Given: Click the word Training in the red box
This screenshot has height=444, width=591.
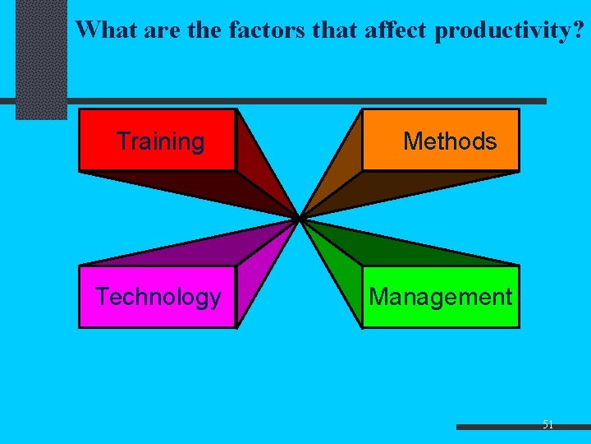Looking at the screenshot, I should (x=160, y=141).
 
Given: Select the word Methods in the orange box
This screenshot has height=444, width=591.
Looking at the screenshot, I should (x=450, y=141).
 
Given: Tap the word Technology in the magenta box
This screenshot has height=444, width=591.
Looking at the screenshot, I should (x=158, y=297).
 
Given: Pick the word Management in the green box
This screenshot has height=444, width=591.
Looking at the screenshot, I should (x=441, y=297).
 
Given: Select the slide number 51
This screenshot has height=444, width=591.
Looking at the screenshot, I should (x=547, y=424).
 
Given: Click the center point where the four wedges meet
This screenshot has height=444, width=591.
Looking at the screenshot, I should (x=300, y=218).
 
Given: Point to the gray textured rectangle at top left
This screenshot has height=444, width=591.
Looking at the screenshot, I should (x=41, y=58).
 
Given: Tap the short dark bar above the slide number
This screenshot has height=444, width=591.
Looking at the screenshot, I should (x=522, y=428).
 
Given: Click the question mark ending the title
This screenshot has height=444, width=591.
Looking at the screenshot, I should (x=580, y=30).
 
